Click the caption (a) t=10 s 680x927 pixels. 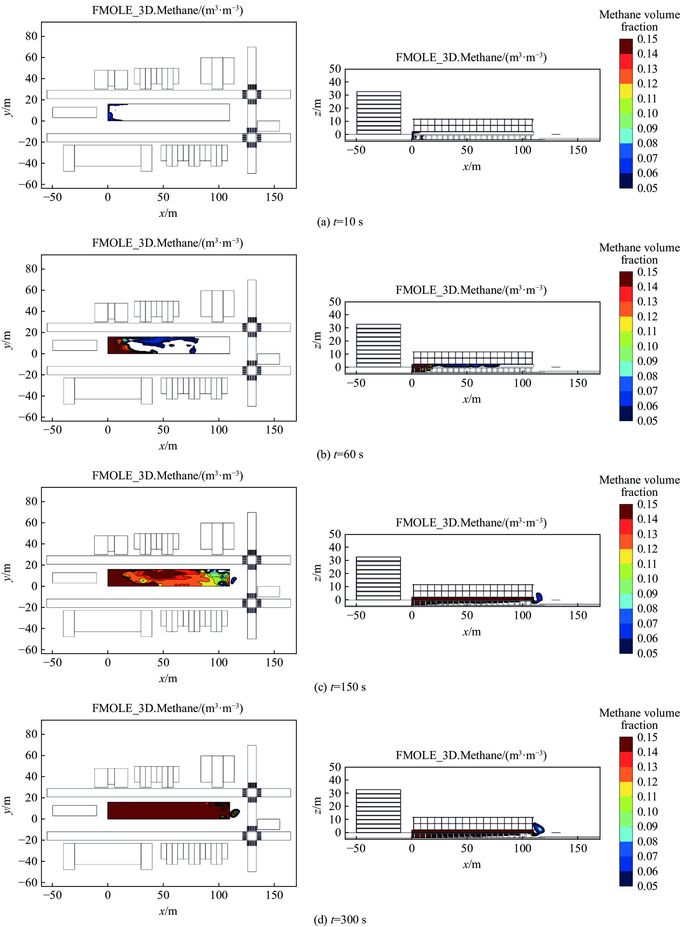pyautogui.click(x=340, y=222)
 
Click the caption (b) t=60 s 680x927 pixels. pyautogui.click(x=340, y=455)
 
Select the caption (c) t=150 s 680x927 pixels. pyautogui.click(x=340, y=687)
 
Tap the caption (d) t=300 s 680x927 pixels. pyautogui.click(x=340, y=919)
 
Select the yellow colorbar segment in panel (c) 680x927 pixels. pyautogui.click(x=626, y=556)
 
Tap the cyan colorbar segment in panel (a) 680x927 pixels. pyautogui.click(x=626, y=136)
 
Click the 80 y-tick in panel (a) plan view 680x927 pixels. pyautogui.click(x=31, y=36)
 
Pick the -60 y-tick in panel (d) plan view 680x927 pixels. pyautogui.click(x=28, y=882)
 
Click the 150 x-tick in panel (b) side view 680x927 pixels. pyautogui.click(x=578, y=383)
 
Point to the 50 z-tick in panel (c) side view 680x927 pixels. pyautogui.click(x=335, y=534)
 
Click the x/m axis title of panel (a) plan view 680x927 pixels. pyautogui.click(x=168, y=213)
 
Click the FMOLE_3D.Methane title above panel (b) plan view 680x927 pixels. pyautogui.click(x=168, y=243)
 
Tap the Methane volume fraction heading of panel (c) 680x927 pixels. pyautogui.click(x=639, y=486)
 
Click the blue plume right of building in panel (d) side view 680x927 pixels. pyautogui.click(x=538, y=828)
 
